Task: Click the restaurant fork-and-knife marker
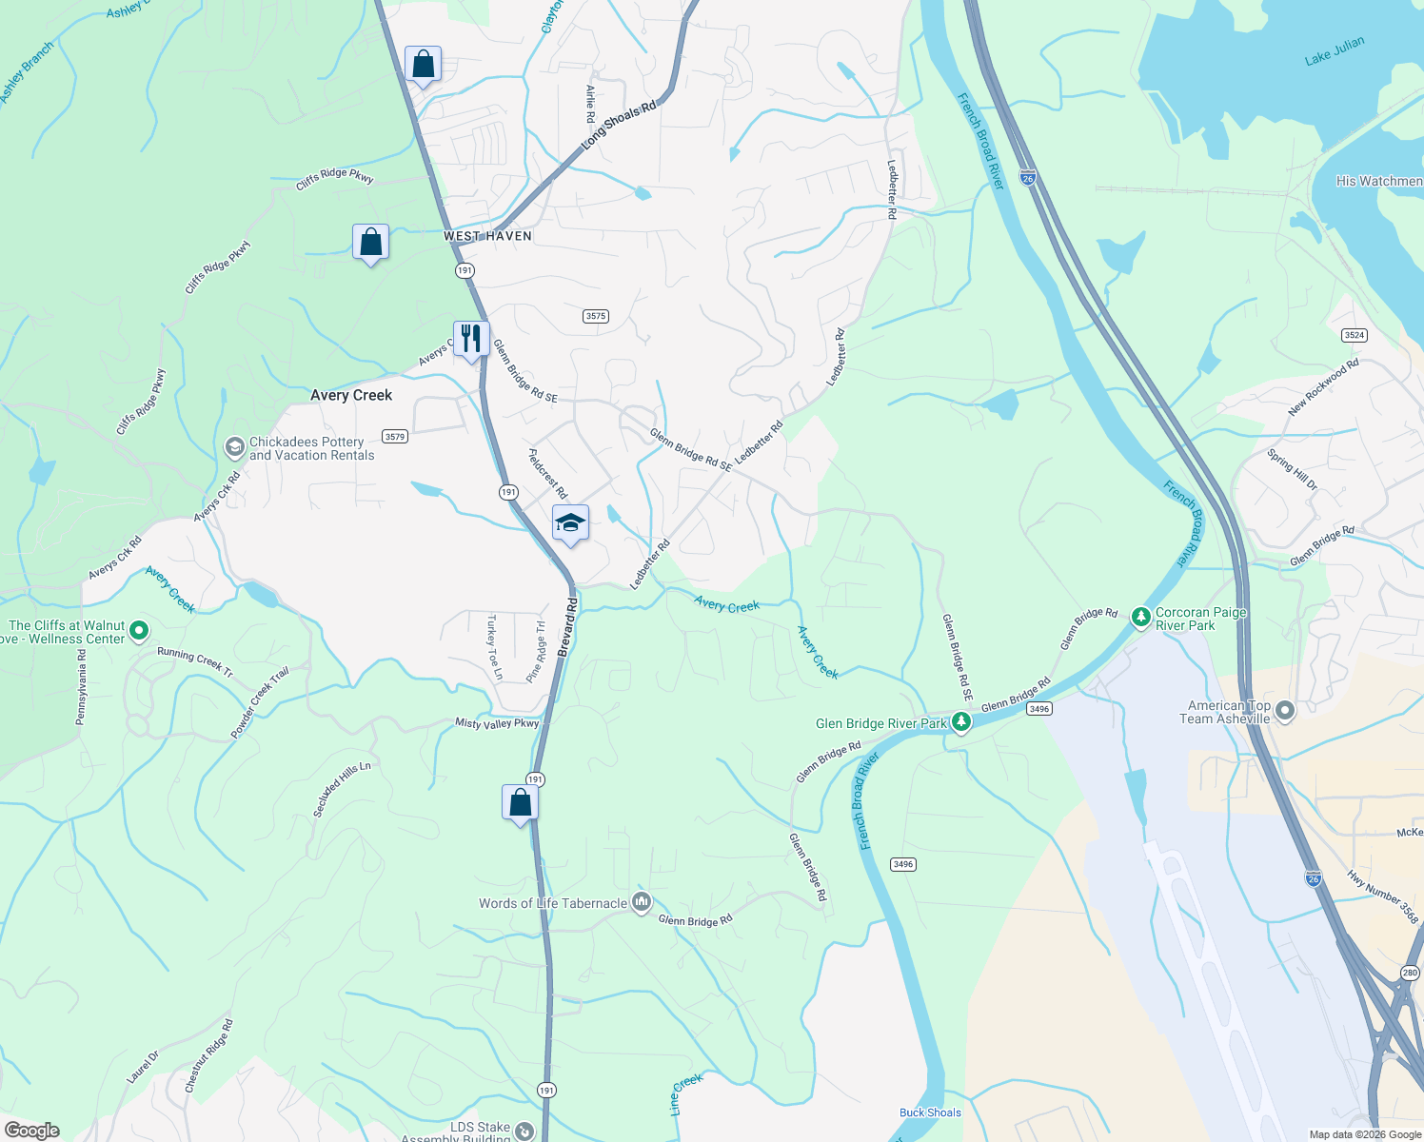[471, 339]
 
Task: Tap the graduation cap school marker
[570, 523]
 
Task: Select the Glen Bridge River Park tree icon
[961, 723]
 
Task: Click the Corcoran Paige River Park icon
[1140, 619]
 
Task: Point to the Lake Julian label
[1334, 50]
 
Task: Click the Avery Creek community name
[351, 395]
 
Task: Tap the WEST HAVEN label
[487, 236]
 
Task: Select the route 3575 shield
[596, 316]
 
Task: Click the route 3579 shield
[395, 437]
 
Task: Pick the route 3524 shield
[1354, 335]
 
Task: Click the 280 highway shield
[1410, 973]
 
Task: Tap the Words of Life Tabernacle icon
[642, 902]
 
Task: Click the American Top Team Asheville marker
[1285, 711]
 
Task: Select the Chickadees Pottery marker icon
[234, 447]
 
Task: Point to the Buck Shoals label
[930, 1112]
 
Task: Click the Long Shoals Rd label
[619, 124]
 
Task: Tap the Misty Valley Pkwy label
[497, 723]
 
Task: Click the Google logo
[32, 1131]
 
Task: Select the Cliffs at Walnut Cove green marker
[139, 630]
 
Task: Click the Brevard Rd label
[568, 627]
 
